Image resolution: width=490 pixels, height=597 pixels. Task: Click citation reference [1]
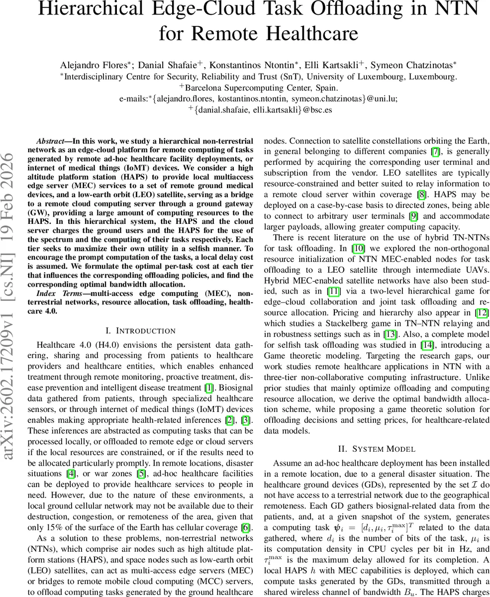pos(209,388)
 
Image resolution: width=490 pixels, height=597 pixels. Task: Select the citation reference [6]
pos(246,527)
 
